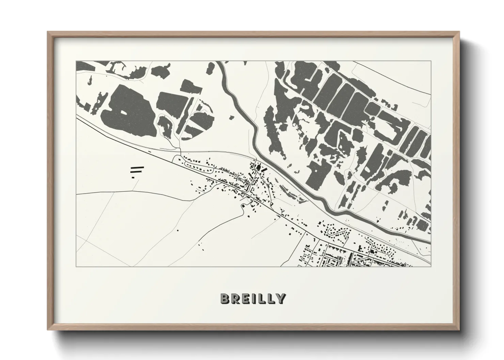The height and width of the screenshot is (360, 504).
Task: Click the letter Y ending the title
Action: [280, 298]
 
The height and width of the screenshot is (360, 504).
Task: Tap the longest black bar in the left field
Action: [137, 168]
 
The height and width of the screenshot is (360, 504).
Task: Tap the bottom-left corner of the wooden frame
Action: [48, 330]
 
